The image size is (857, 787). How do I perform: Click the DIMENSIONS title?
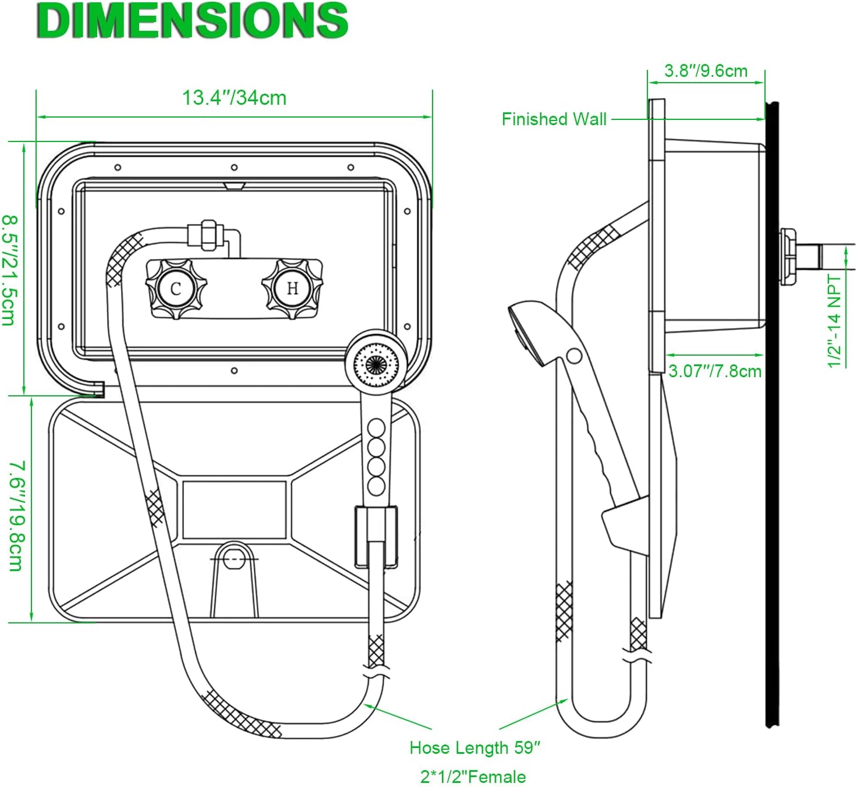(192, 21)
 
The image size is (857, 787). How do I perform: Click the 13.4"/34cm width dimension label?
(234, 98)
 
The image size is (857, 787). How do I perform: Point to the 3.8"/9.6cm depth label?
(706, 71)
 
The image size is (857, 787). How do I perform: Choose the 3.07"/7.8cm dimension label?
(714, 371)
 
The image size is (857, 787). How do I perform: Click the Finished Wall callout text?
(554, 119)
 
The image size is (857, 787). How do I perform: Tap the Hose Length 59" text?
(475, 748)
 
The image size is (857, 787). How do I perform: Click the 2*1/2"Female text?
(473, 777)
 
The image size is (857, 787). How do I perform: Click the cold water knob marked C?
(176, 288)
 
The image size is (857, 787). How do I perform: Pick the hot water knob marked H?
(292, 288)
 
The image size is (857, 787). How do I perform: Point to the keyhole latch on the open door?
(233, 557)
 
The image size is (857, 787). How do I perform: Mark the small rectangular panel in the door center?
(234, 509)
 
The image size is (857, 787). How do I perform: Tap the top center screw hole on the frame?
(234, 168)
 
